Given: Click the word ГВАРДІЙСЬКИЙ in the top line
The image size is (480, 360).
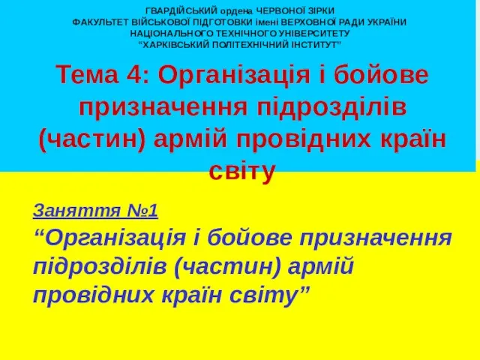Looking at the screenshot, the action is pyautogui.click(x=181, y=11).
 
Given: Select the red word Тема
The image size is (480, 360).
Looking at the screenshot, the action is pyautogui.click(x=87, y=75).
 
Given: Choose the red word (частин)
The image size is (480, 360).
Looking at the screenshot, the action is pyautogui.click(x=92, y=140).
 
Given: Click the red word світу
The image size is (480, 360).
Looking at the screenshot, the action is pyautogui.click(x=241, y=172).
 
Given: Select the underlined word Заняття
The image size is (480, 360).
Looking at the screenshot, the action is pyautogui.click(x=76, y=210).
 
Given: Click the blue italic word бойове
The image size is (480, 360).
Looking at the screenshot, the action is pyautogui.click(x=249, y=238).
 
